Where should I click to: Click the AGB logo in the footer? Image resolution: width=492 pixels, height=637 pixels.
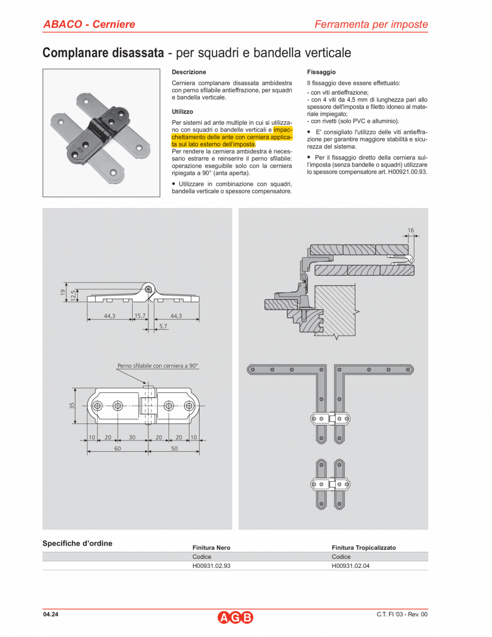(236, 617)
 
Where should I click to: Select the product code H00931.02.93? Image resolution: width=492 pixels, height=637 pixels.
(211, 565)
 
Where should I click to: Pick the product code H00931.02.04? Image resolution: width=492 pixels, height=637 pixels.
(351, 565)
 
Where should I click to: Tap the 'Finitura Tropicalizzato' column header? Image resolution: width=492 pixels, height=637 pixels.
(364, 548)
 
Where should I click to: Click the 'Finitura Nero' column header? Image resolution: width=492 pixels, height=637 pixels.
(211, 548)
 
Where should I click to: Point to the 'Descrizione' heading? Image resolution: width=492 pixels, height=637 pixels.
(188, 72)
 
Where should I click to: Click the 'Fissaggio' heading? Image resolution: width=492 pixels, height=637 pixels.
(321, 72)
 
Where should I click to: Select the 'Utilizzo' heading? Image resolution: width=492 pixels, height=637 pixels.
(183, 112)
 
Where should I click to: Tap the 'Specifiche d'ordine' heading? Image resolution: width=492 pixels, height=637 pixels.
(77, 543)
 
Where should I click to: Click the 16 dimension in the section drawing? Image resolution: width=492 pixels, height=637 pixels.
(411, 230)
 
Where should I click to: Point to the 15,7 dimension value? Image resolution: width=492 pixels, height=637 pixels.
(140, 316)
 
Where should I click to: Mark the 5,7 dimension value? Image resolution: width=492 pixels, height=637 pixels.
(163, 325)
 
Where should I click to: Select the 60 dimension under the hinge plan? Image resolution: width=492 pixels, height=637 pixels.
(117, 449)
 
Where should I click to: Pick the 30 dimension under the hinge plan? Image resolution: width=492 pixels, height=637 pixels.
(132, 437)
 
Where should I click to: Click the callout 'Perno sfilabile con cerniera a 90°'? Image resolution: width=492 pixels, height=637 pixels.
(157, 366)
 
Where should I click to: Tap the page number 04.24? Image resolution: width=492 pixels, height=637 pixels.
(51, 614)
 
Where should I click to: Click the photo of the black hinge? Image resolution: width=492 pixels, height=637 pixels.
(101, 133)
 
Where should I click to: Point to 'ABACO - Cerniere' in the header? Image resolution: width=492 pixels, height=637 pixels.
(89, 24)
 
